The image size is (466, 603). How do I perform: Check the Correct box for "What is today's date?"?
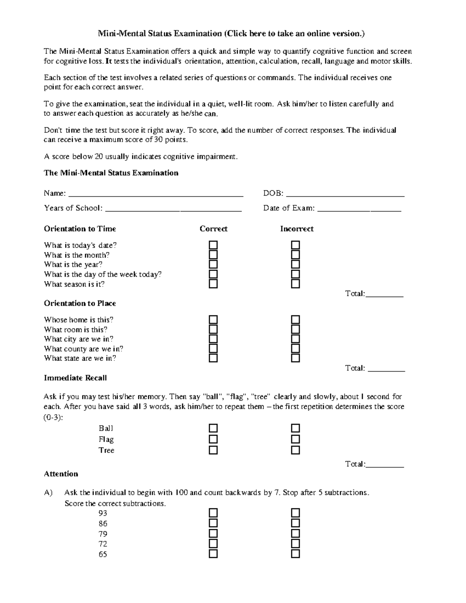click(213, 245)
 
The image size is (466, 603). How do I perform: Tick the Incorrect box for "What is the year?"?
click(296, 265)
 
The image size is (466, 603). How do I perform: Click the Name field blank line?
click(155, 194)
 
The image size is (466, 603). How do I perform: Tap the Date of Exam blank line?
click(359, 209)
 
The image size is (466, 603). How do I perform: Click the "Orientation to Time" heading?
click(80, 229)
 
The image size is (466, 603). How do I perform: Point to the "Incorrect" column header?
click(297, 229)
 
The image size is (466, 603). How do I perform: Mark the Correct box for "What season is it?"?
click(213, 284)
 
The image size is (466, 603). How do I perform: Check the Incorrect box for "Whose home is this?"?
click(296, 320)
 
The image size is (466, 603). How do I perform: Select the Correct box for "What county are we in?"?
click(213, 349)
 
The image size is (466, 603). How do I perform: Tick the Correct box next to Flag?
click(213, 439)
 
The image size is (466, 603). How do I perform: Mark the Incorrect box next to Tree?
click(296, 450)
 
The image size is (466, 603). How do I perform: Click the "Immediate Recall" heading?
click(75, 378)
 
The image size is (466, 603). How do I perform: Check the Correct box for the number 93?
click(213, 513)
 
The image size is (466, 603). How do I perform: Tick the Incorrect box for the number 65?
click(296, 554)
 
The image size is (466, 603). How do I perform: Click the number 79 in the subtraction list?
click(103, 534)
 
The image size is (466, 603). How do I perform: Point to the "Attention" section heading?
click(61, 474)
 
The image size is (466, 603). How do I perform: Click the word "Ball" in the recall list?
click(106, 428)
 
